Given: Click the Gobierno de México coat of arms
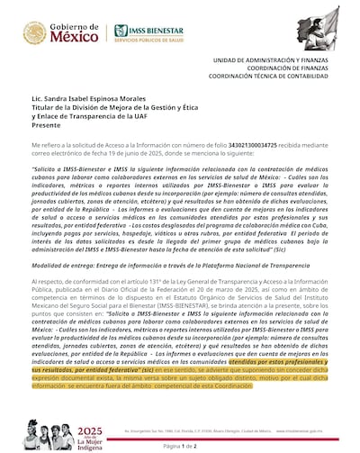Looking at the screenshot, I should pos(33,34).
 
